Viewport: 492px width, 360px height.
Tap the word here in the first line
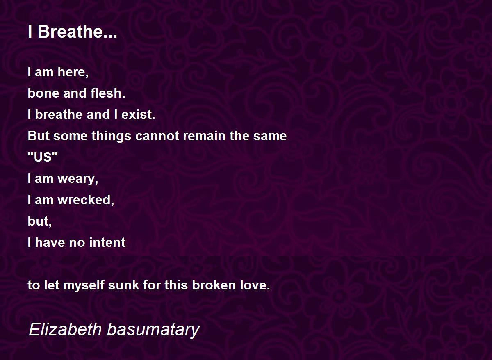(73, 72)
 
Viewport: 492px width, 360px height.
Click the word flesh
(108, 93)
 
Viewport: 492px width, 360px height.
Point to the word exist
(138, 114)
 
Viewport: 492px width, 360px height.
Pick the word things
(112, 136)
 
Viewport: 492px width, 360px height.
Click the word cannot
(157, 136)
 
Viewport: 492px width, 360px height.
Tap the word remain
(205, 136)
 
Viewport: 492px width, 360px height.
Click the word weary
(78, 179)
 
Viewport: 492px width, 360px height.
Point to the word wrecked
(86, 200)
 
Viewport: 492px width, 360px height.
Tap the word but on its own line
(40, 221)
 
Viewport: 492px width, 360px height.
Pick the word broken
(214, 285)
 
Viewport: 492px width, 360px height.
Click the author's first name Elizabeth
(65, 330)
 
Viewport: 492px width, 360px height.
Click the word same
(270, 136)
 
